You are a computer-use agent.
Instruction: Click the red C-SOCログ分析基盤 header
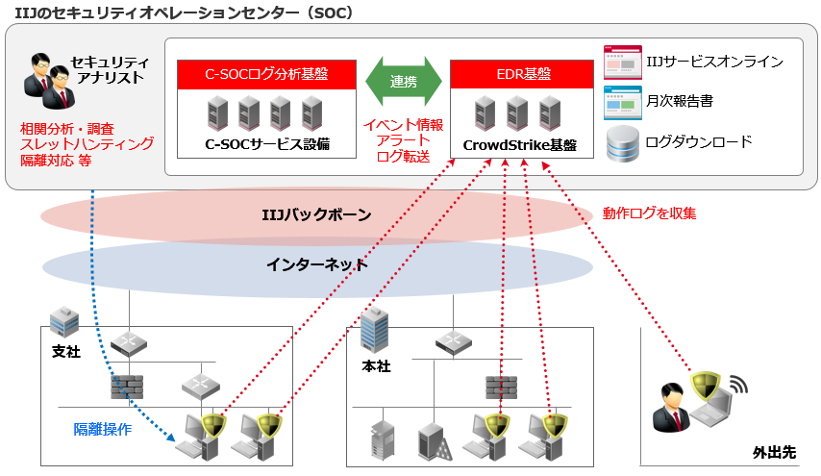pyautogui.click(x=266, y=74)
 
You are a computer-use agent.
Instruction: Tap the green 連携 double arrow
pyautogui.click(x=404, y=82)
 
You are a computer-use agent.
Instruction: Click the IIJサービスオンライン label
pyautogui.click(x=713, y=62)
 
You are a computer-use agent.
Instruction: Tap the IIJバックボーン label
pyautogui.click(x=316, y=214)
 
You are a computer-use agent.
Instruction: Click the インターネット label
pyautogui.click(x=316, y=263)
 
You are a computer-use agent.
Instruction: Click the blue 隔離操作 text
pyautogui.click(x=103, y=429)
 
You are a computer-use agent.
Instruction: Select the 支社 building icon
pyautogui.click(x=64, y=321)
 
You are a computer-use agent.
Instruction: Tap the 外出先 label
pyautogui.click(x=775, y=452)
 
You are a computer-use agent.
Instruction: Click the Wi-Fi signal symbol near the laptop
pyautogui.click(x=736, y=387)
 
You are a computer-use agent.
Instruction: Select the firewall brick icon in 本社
pyautogui.click(x=501, y=386)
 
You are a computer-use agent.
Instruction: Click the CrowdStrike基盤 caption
pyautogui.click(x=520, y=145)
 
